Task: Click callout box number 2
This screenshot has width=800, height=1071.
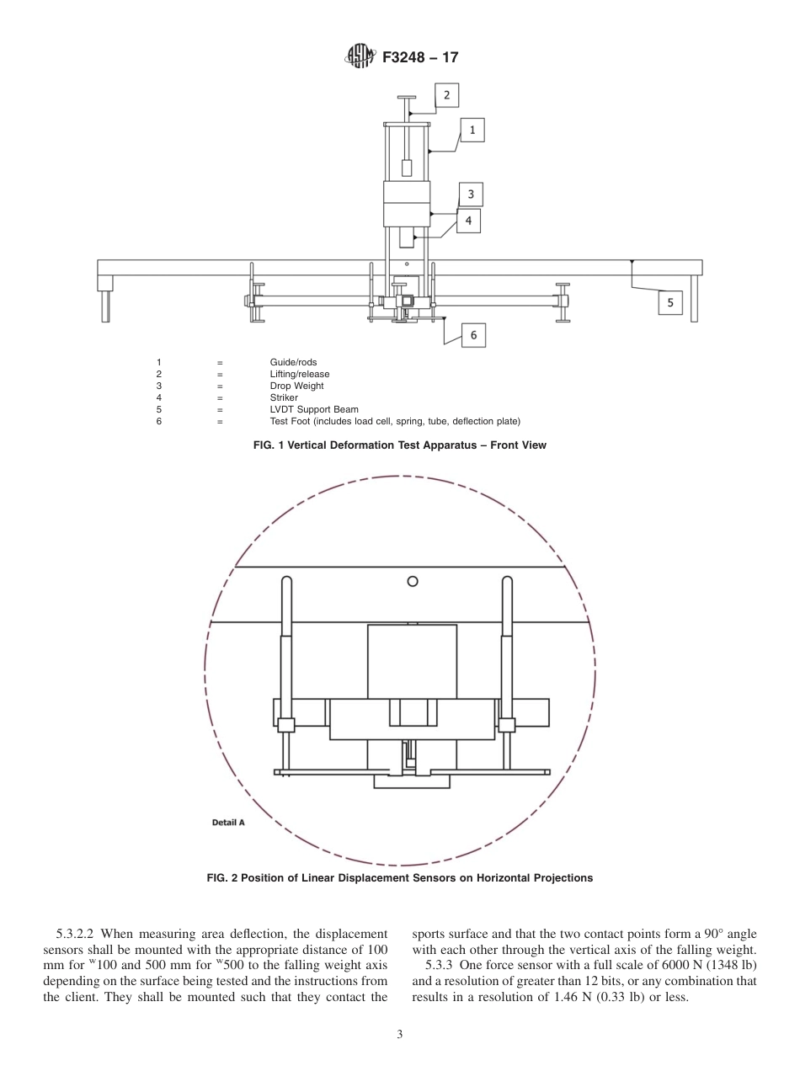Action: click(446, 95)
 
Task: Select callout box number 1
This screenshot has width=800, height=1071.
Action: click(472, 130)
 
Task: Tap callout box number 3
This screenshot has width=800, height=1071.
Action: click(471, 194)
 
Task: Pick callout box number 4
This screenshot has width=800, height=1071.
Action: click(468, 221)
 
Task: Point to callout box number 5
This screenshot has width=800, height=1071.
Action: click(670, 302)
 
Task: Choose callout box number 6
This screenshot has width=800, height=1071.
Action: click(473, 335)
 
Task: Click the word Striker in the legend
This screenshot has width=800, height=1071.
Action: click(284, 398)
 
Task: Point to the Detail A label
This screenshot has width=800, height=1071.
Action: click(228, 823)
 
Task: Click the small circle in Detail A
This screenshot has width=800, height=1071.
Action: click(413, 581)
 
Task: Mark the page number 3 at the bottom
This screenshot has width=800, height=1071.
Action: click(400, 1035)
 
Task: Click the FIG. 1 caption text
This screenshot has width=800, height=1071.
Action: click(399, 445)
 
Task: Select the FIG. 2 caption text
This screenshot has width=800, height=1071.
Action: click(399, 878)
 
